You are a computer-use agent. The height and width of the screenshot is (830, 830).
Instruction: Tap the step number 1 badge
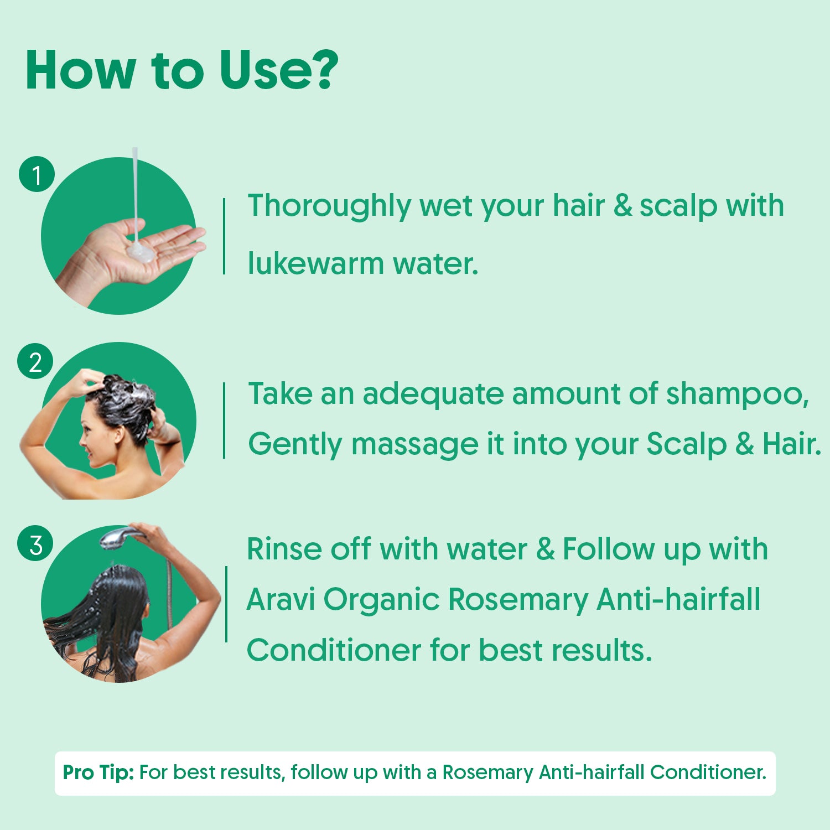click(x=37, y=174)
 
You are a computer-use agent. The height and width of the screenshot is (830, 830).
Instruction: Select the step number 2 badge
click(x=35, y=362)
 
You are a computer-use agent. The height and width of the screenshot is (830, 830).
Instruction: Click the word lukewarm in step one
click(x=315, y=263)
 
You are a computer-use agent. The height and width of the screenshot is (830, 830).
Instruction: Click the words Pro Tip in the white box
click(x=98, y=772)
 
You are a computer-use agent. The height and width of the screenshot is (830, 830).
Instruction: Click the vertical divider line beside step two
click(x=224, y=420)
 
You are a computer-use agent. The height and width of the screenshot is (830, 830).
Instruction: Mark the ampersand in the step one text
click(x=622, y=206)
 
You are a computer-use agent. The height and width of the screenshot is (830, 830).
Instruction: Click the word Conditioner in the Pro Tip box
click(x=708, y=772)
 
